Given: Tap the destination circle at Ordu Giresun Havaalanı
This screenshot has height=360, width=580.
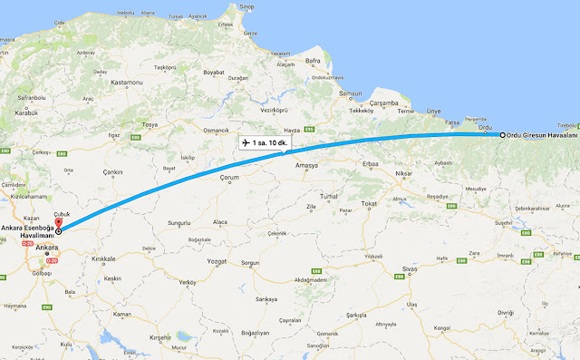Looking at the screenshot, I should click(x=502, y=134).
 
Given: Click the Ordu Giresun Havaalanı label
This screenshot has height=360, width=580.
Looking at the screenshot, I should click(x=541, y=134).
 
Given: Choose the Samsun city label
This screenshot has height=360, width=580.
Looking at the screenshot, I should click(x=350, y=95).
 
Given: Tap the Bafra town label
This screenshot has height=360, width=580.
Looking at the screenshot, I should click(x=314, y=62).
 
